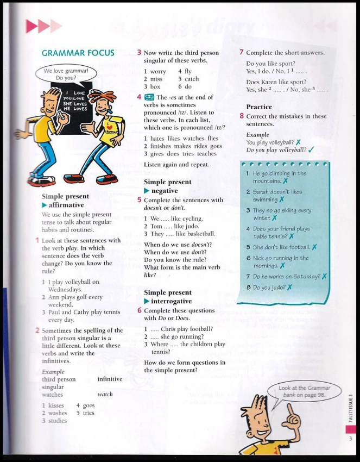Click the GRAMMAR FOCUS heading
(78, 53)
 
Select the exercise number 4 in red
(140, 97)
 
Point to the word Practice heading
(259, 107)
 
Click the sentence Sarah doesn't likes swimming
(277, 195)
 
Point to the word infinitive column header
(109, 379)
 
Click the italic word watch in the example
(105, 394)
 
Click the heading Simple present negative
(167, 186)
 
